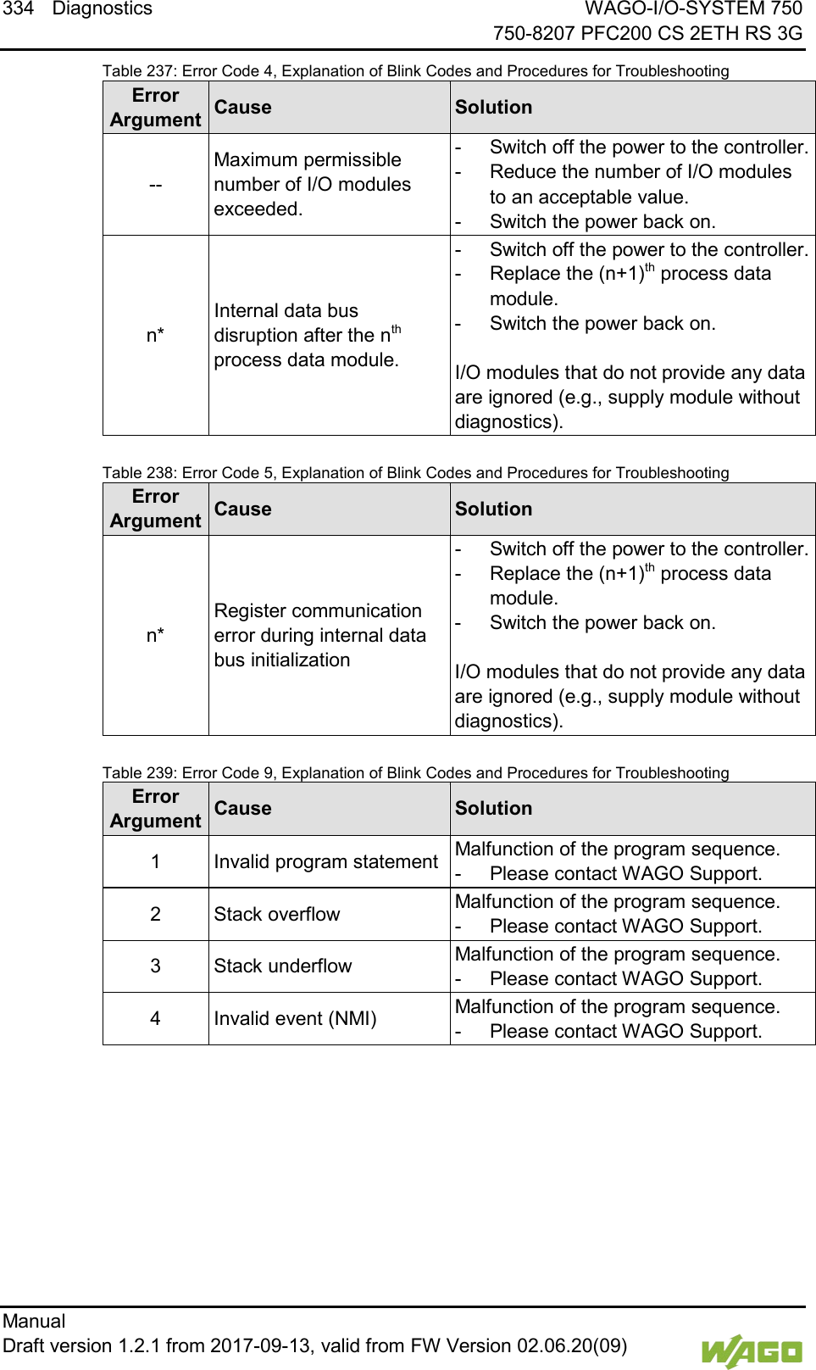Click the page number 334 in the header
coord(18,9)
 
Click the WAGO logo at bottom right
coord(751,1351)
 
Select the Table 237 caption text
coord(415,71)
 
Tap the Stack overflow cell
coord(277,914)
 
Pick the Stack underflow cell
coord(282,966)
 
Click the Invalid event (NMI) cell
coord(295,1018)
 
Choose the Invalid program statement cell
coord(325,861)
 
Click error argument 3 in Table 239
coord(155,966)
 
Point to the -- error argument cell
coord(155,185)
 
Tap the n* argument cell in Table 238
coord(155,635)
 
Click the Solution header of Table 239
coord(493,809)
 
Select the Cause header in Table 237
coord(242,108)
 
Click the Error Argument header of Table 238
coord(155,509)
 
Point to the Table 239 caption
coord(415,773)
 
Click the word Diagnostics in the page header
coord(102,9)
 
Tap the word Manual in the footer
coord(34,1321)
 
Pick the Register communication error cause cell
coord(319,635)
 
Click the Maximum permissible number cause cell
coord(312,185)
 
